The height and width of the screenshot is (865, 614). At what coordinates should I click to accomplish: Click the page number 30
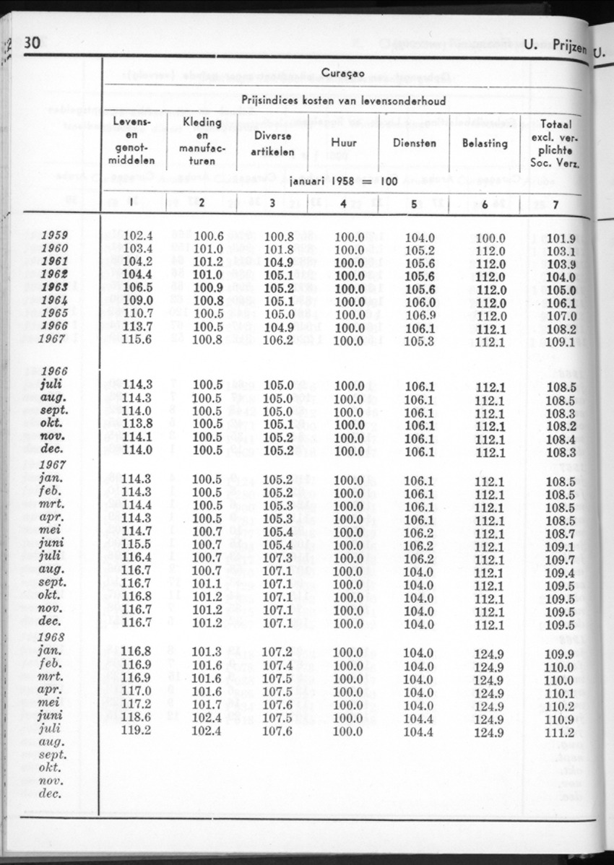33,43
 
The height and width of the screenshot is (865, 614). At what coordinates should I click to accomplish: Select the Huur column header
343,143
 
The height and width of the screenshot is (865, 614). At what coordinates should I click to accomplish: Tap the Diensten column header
414,143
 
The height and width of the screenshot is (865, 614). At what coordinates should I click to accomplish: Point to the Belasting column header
485,143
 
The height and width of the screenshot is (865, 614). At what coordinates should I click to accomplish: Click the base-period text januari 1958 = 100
343,181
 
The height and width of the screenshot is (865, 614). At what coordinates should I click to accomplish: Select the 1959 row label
55,235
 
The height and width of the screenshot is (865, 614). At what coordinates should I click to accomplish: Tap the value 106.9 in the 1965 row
419,316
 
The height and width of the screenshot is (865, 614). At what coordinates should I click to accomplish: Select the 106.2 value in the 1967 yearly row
277,341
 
